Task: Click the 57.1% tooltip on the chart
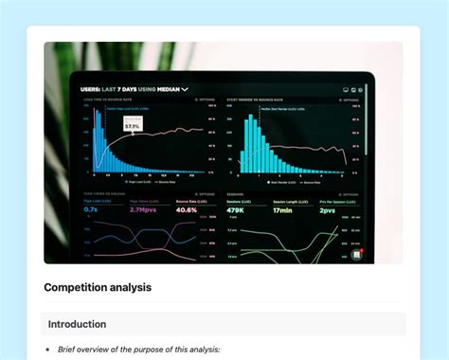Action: (133, 125)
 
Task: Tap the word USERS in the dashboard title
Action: (94, 89)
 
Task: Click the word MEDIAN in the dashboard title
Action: (165, 89)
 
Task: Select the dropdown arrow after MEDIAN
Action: (186, 89)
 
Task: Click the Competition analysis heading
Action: (98, 287)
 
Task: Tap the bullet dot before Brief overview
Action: (48, 350)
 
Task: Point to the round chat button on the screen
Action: (356, 254)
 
